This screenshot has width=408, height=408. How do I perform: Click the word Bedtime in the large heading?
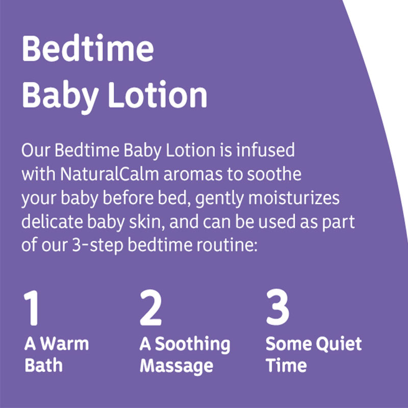[88, 48]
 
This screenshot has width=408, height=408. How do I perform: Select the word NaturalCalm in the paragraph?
[110, 174]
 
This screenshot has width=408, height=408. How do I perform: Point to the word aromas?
[193, 174]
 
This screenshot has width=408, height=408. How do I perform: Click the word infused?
[265, 150]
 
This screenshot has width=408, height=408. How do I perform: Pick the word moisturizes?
[294, 198]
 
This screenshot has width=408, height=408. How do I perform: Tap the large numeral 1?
[32, 308]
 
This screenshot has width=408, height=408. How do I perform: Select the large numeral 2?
[150, 308]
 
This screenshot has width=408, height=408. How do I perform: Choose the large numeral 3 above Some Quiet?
[277, 308]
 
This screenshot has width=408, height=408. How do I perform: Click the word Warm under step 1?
[65, 344]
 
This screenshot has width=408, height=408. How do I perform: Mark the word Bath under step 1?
[43, 365]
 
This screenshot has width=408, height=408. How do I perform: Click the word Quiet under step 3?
[339, 344]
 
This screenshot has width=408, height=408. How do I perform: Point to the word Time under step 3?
[286, 365]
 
